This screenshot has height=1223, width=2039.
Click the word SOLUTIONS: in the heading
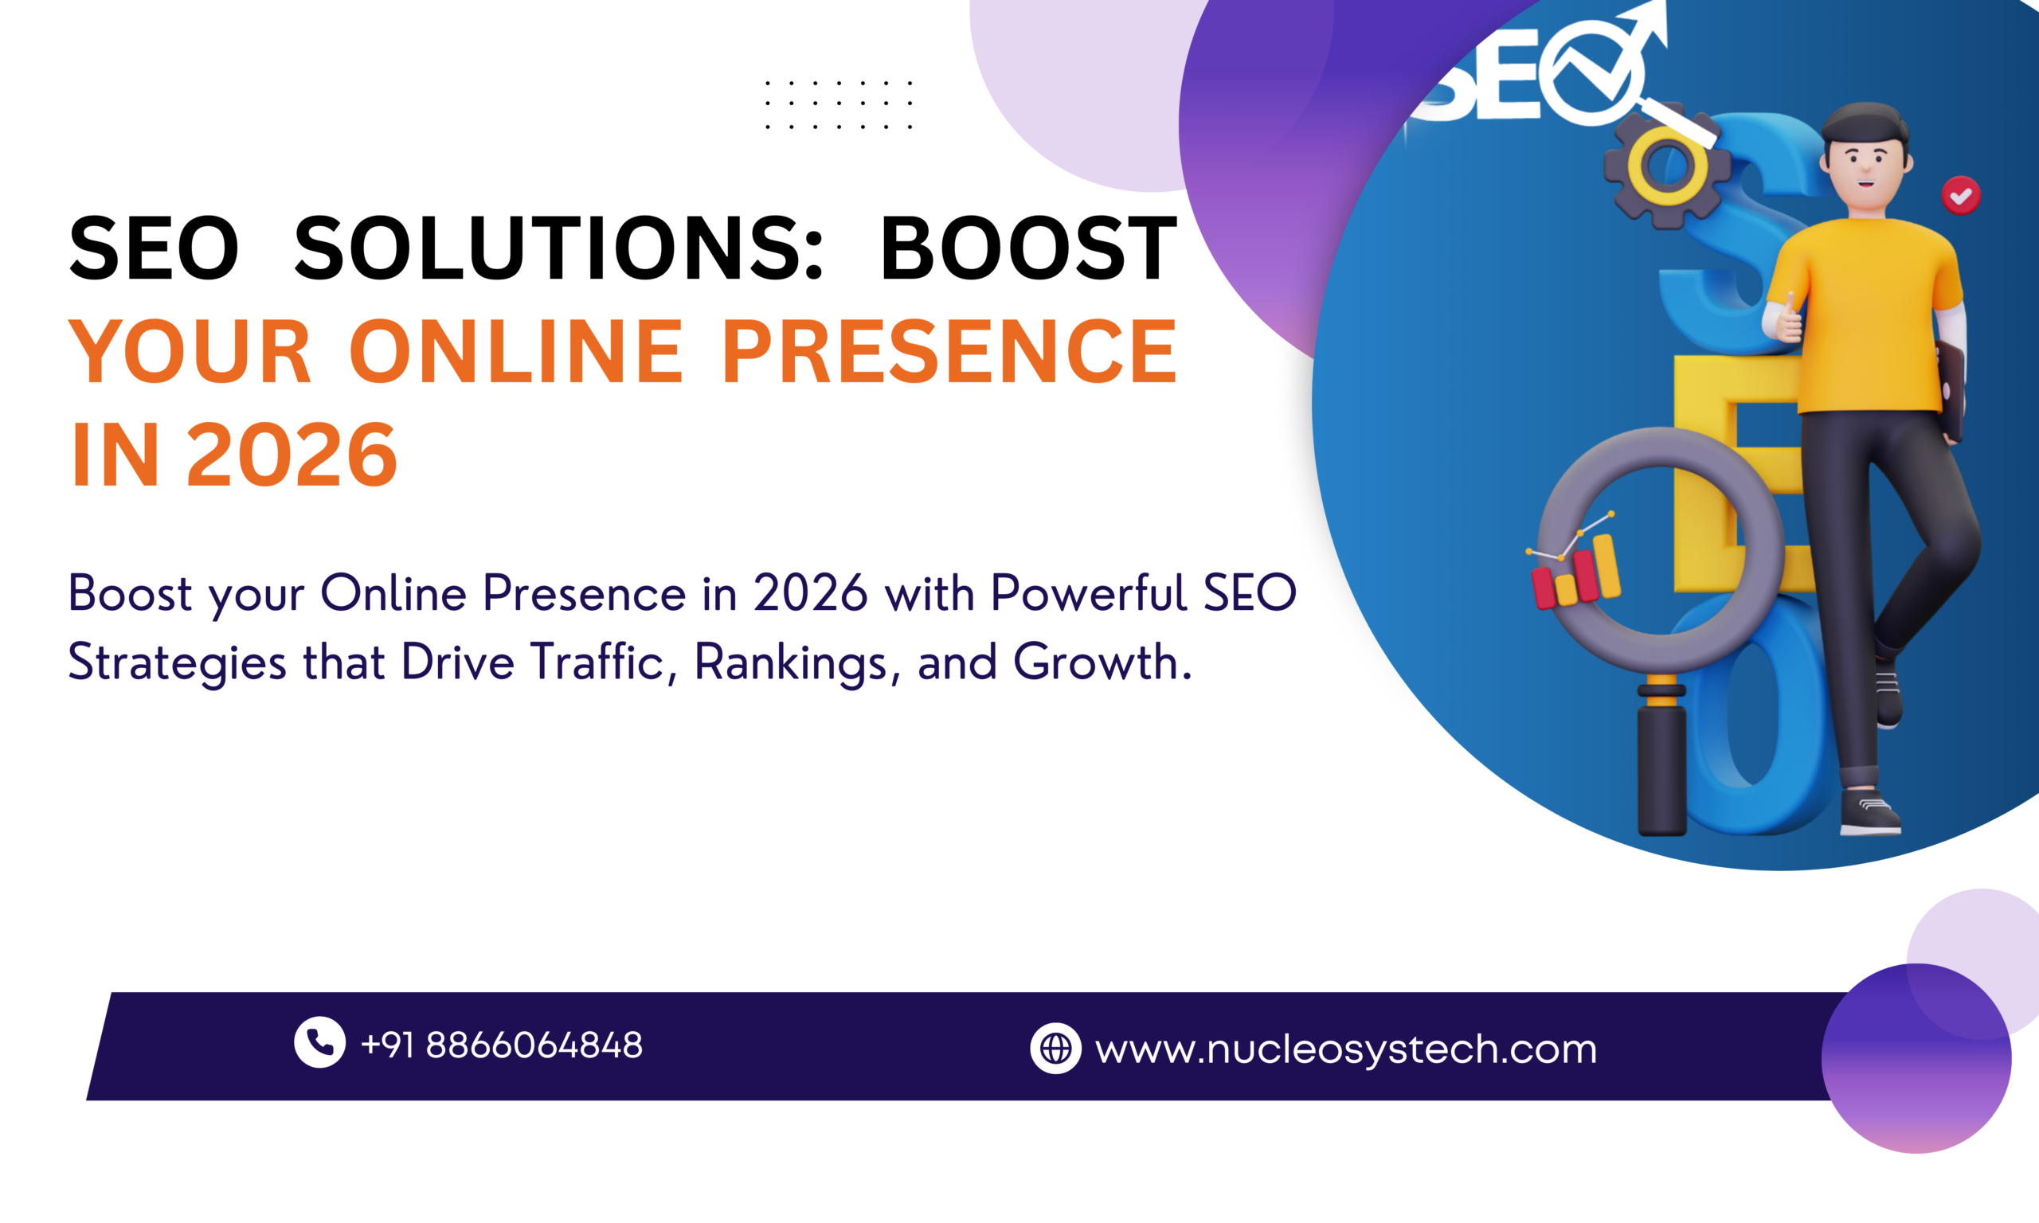click(x=559, y=248)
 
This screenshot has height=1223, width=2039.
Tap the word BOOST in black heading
click(x=1027, y=248)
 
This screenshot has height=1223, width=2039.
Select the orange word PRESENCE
click(x=949, y=352)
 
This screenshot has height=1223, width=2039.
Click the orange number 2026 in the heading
click(x=292, y=455)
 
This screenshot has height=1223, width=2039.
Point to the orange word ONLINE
click(x=517, y=352)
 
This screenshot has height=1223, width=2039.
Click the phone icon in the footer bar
click(x=319, y=1041)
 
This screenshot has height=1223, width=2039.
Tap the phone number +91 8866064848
click(x=501, y=1045)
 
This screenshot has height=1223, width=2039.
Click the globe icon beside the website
click(x=1055, y=1049)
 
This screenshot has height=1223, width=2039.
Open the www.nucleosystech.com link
click(x=1345, y=1049)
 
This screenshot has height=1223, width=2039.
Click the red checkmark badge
click(x=1961, y=195)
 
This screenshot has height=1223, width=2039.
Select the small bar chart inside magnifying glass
click(x=1575, y=571)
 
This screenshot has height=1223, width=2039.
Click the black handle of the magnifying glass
click(x=1661, y=767)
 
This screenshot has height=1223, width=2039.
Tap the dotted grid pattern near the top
click(x=838, y=104)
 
